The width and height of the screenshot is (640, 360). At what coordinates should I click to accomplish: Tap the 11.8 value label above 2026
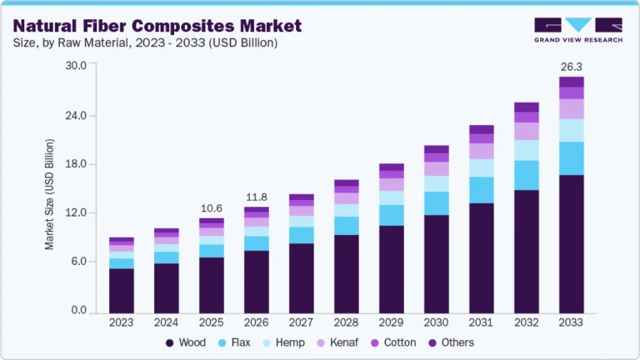coord(257,197)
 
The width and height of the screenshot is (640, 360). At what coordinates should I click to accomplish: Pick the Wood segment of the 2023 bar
coord(122,289)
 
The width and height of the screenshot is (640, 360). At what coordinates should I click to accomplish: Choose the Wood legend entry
coord(185,342)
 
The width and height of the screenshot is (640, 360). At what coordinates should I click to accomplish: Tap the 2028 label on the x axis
coord(347,322)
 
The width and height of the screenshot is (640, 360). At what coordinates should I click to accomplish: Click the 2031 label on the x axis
coord(482,322)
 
